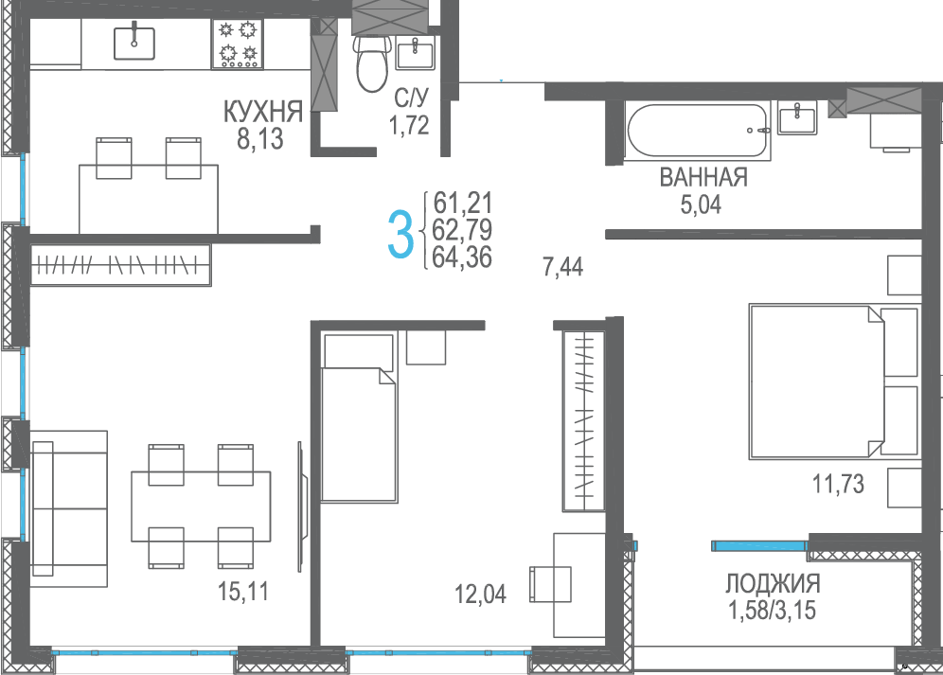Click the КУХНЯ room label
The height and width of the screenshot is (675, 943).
(263, 112)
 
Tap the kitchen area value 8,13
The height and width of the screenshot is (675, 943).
(259, 139)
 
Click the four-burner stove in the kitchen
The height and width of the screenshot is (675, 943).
(238, 44)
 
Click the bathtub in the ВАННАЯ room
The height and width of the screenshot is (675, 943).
(698, 130)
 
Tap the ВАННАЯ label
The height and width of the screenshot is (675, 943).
(703, 177)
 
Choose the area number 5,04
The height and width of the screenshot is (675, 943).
(701, 205)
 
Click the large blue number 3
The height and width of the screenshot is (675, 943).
(400, 235)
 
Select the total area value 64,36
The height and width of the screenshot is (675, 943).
(462, 258)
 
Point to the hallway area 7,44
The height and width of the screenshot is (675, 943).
(563, 267)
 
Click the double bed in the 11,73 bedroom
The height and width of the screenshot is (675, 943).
(835, 382)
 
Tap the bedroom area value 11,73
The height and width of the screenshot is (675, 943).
(838, 484)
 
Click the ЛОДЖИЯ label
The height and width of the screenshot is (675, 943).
(773, 583)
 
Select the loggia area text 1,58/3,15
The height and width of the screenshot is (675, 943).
(773, 610)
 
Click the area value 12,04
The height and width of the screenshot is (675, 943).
(481, 595)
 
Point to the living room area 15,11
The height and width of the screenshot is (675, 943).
(243, 592)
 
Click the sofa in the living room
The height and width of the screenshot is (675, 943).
(68, 508)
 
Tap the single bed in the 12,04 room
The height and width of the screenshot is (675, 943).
(359, 417)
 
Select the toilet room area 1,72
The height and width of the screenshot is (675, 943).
(409, 126)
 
